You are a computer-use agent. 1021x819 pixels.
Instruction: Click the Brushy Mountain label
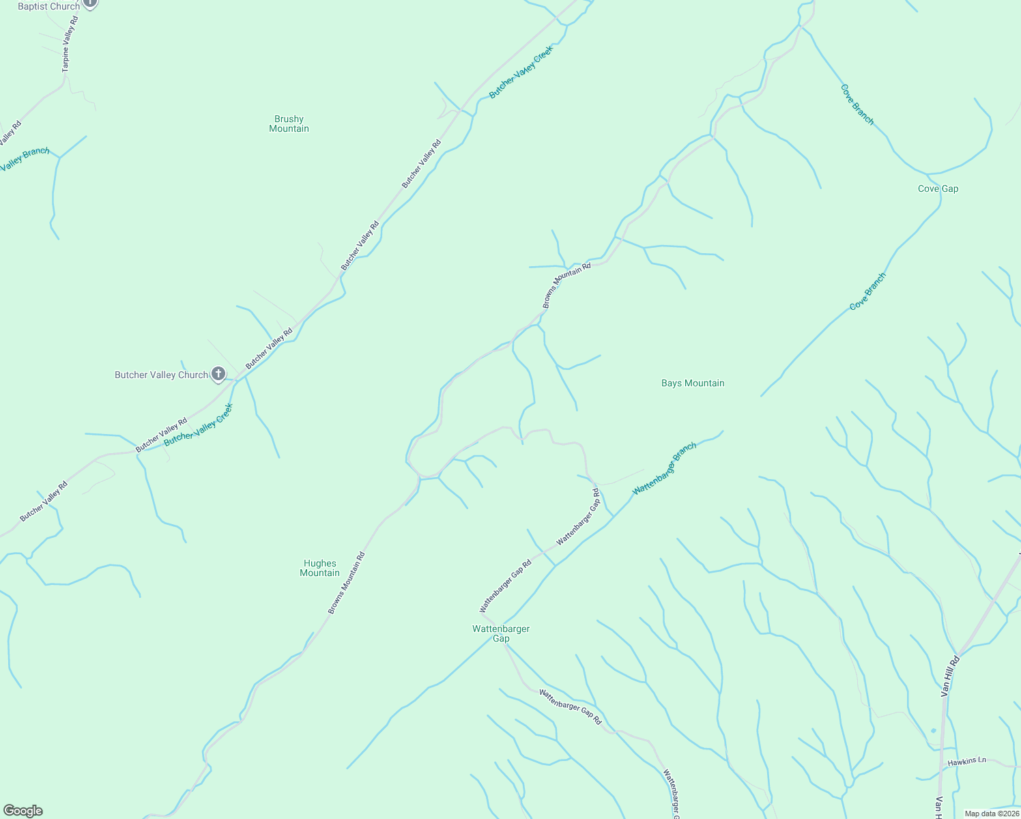click(x=289, y=124)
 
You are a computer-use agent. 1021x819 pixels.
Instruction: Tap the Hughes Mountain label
click(x=319, y=568)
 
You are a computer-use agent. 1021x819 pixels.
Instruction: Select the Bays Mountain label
click(x=693, y=383)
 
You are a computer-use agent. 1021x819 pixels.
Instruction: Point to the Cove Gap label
click(x=938, y=188)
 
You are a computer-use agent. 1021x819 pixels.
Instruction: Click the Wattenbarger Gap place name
click(x=501, y=633)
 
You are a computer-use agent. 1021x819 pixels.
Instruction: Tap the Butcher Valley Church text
click(x=161, y=375)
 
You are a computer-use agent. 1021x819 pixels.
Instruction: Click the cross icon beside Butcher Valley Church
click(x=218, y=374)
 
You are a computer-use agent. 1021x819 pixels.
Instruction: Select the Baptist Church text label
click(x=48, y=6)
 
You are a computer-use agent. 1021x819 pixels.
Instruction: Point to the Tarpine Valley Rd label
click(x=70, y=44)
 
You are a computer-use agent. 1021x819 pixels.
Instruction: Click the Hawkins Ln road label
click(x=966, y=760)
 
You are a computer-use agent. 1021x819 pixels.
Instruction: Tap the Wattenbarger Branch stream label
click(x=664, y=468)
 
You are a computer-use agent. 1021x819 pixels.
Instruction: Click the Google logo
click(x=23, y=810)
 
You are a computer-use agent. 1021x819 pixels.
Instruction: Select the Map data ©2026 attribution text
click(x=991, y=813)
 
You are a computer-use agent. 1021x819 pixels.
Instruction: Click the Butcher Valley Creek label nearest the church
click(x=199, y=425)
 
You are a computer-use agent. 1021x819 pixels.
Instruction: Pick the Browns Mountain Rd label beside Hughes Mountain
click(x=347, y=582)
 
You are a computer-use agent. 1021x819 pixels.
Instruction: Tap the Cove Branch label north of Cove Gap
click(x=857, y=104)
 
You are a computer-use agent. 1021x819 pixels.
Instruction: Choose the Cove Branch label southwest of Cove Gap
click(x=867, y=291)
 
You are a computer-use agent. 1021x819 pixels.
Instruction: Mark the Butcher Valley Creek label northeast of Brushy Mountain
click(x=520, y=72)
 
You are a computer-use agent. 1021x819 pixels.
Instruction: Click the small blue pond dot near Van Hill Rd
click(x=933, y=731)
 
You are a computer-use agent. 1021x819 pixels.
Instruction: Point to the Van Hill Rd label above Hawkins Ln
click(x=950, y=676)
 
